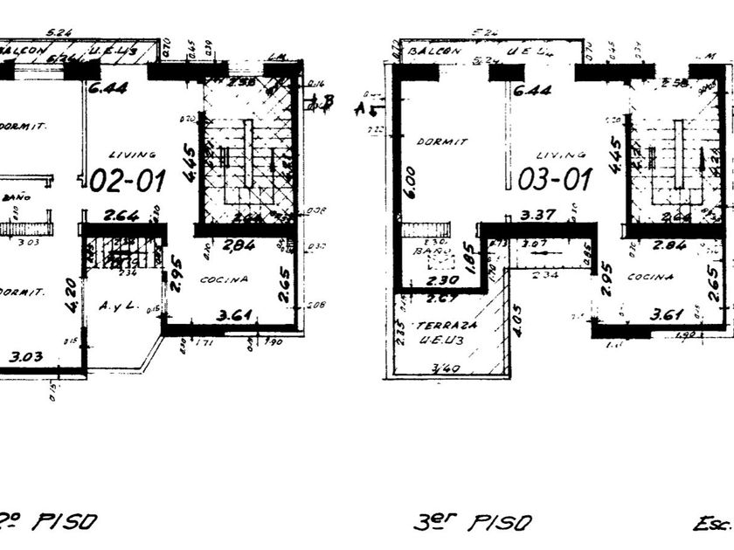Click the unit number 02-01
tap(128, 181)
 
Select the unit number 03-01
tap(555, 180)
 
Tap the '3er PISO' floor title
tap(472, 523)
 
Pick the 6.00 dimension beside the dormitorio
tap(411, 184)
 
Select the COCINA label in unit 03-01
tap(650, 277)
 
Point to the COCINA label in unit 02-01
tap(225, 279)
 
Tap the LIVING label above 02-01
tap(134, 155)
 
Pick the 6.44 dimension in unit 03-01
tap(531, 90)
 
